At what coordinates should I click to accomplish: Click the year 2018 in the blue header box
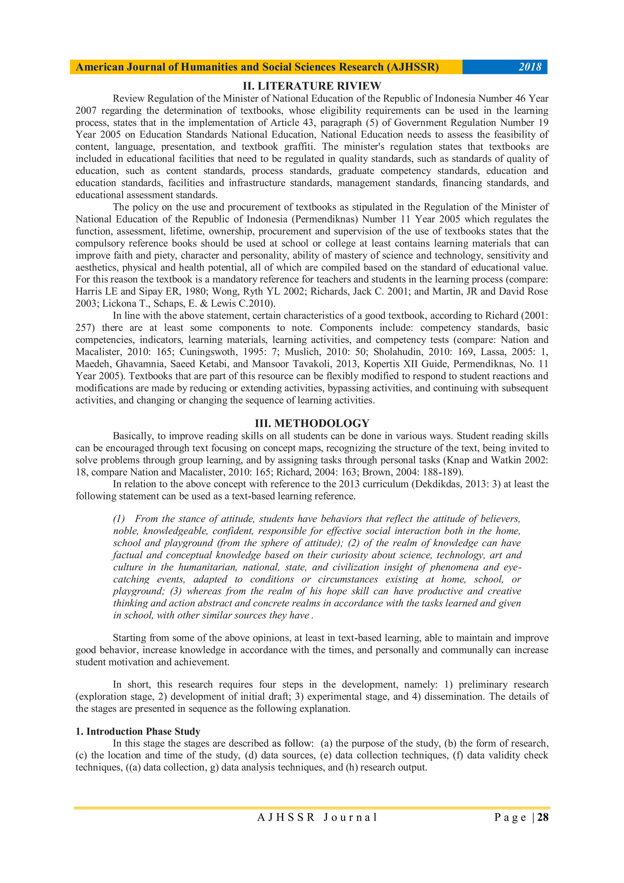530,67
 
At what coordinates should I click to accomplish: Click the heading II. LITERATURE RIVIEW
312,86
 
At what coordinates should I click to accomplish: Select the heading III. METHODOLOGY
312,423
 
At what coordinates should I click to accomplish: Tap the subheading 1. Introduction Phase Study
138,731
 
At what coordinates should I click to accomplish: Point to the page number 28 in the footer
543,817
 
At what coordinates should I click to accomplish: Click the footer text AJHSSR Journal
317,817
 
